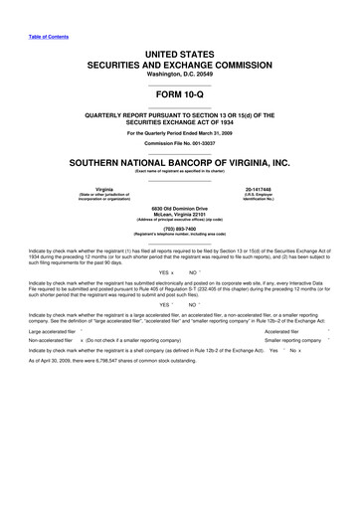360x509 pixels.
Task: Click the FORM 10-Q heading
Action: (179, 95)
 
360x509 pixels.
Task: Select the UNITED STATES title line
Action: (179, 51)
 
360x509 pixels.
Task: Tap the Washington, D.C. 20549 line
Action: (179, 73)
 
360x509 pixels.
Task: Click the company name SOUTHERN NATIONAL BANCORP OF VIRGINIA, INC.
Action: (179, 161)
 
